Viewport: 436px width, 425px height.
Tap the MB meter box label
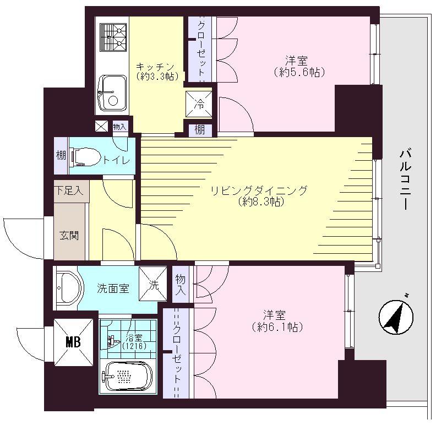click(73, 342)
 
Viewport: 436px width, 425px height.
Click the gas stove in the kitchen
click(112, 37)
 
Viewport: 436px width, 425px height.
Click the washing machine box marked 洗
click(152, 285)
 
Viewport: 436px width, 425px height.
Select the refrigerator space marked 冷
click(198, 103)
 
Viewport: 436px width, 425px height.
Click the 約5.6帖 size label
click(298, 72)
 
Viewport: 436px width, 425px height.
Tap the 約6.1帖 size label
click(275, 327)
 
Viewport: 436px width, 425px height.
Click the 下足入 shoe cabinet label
click(69, 191)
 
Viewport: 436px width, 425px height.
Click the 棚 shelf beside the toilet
click(61, 156)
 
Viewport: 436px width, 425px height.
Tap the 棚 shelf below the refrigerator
click(199, 130)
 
